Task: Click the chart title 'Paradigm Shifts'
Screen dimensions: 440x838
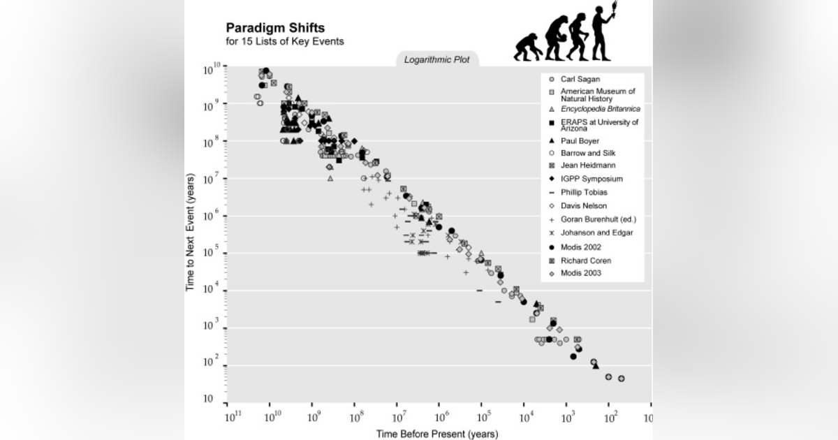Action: tap(275, 29)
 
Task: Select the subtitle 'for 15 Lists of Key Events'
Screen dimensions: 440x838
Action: tap(284, 42)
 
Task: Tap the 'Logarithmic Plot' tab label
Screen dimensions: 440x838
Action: tap(437, 60)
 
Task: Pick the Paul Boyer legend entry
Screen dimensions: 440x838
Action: tap(579, 140)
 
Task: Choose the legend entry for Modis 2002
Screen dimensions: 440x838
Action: tap(580, 247)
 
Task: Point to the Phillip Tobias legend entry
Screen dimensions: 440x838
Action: tap(584, 192)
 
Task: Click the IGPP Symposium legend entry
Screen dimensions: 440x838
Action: tap(591, 179)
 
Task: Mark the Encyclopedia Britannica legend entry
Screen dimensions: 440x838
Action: tap(600, 109)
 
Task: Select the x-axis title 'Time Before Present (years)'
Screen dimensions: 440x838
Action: tap(437, 434)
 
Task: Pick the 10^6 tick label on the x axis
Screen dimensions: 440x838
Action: tap(441, 418)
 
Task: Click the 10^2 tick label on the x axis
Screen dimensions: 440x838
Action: tap(610, 418)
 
